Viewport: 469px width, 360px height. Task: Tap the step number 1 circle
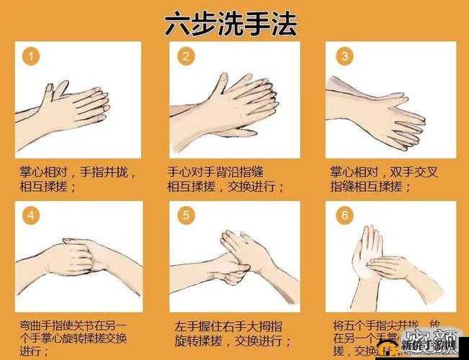30,56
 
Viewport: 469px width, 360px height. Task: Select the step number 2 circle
185,56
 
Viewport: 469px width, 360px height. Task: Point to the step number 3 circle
345,56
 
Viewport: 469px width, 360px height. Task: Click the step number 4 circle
30,215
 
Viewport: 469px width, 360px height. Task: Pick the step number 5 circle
185,215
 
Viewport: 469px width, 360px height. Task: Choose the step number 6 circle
345,215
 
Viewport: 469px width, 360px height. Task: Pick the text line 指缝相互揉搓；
370,187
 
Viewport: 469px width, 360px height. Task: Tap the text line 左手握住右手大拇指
227,325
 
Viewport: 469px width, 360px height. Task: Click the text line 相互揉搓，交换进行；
227,187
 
